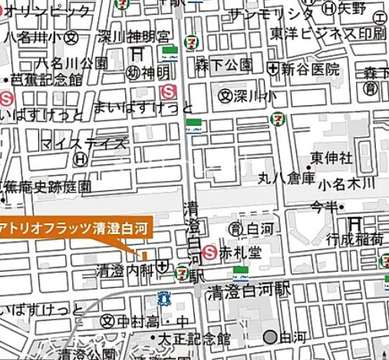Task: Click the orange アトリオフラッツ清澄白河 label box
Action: (x=76, y=227)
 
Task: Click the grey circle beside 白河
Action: (x=269, y=336)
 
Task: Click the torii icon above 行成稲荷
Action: (x=354, y=222)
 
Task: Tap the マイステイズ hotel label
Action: (x=96, y=143)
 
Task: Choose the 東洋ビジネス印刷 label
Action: (x=338, y=35)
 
